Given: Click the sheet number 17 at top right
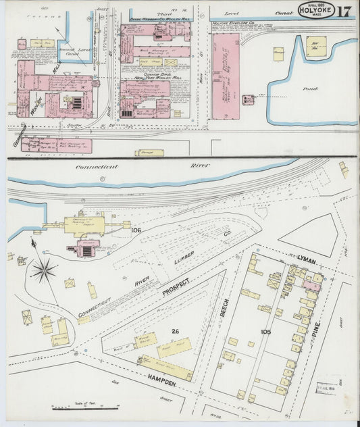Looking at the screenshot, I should point(342,11).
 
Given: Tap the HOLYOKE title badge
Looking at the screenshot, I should point(314,11).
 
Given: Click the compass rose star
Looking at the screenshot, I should point(44,271).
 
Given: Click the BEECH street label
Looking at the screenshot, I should point(226,307).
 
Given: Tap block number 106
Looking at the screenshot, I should point(136,230).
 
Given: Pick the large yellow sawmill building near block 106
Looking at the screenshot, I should point(85,225).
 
